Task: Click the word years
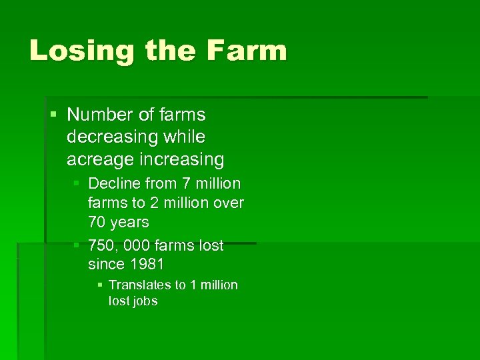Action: pyautogui.click(x=130, y=221)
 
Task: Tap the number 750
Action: pyautogui.click(x=101, y=245)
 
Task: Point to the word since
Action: pyautogui.click(x=106, y=264)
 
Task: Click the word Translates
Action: pyautogui.click(x=140, y=285)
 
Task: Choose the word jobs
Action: pyautogui.click(x=145, y=301)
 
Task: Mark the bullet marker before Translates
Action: pyautogui.click(x=100, y=285)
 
